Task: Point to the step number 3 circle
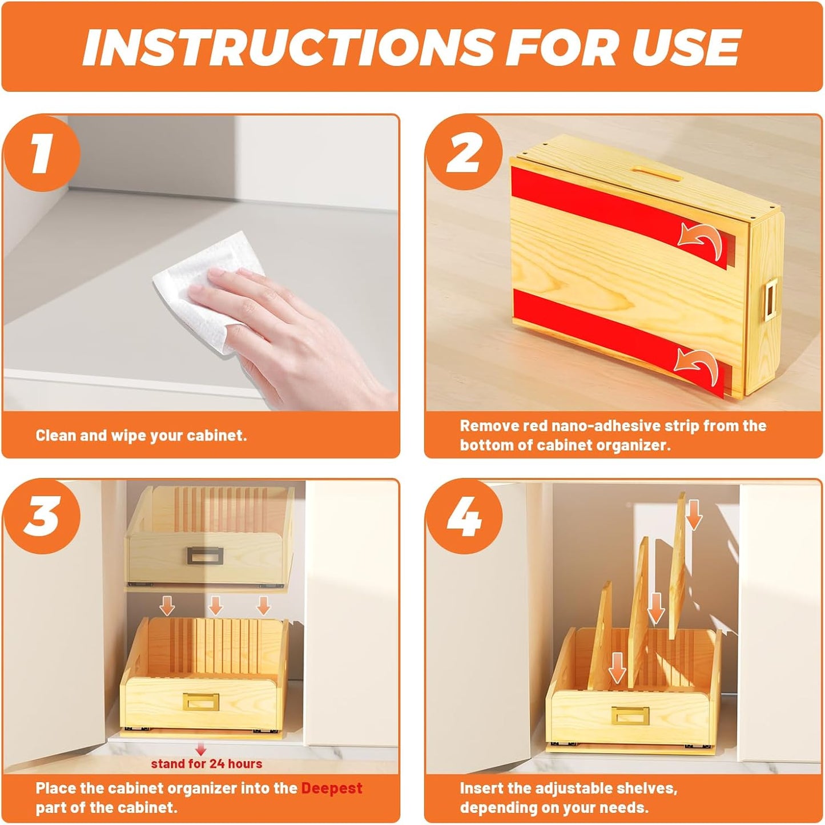point(41,516)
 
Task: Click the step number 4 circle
point(464,517)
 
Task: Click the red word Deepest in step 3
point(331,788)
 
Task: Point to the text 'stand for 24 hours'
point(207,764)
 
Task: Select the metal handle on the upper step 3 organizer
point(200,554)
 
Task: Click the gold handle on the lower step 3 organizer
point(200,702)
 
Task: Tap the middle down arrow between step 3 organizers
point(215,605)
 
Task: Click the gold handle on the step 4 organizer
point(631,715)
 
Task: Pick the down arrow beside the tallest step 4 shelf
point(694,514)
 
